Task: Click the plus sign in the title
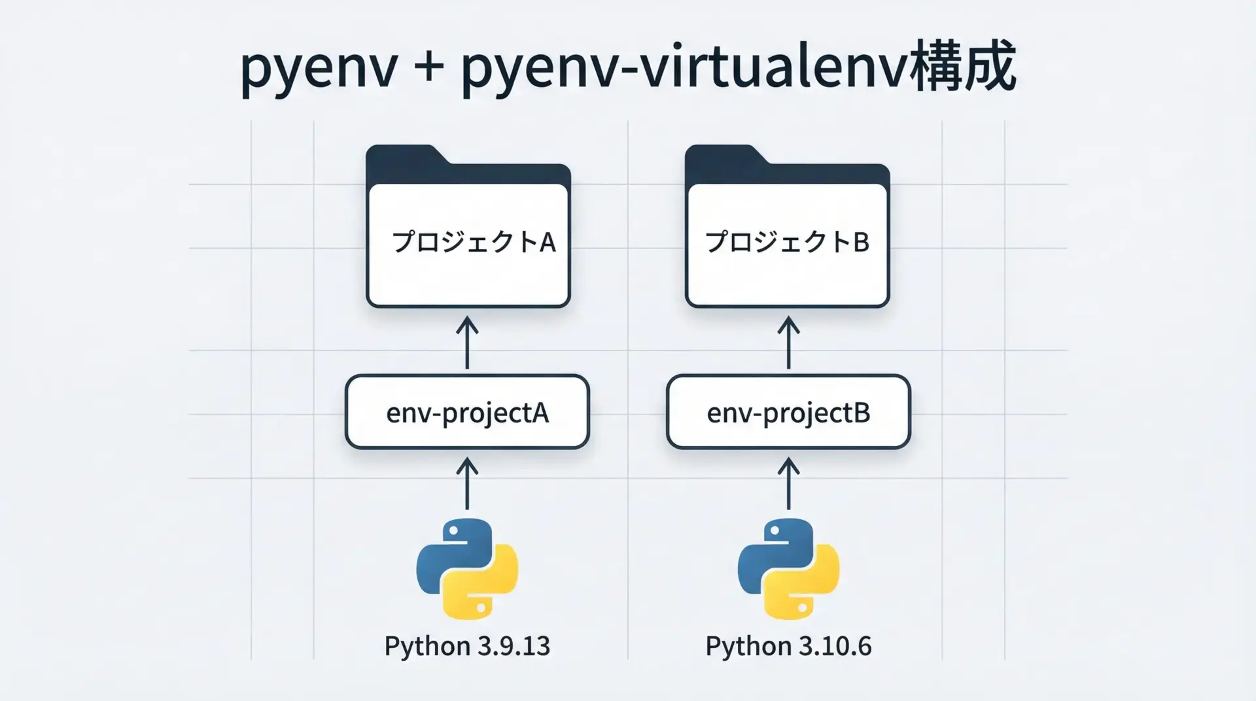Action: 428,68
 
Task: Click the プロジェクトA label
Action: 474,243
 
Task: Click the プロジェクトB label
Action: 787,243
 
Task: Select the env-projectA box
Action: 467,412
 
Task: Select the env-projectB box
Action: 788,412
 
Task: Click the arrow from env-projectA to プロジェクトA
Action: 467,343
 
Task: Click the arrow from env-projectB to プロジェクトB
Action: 788,343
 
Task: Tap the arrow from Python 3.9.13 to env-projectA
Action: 467,483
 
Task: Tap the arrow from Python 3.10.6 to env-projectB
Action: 788,483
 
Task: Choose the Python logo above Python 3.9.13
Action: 467,568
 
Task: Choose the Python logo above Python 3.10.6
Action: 788,568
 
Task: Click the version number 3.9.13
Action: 514,646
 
